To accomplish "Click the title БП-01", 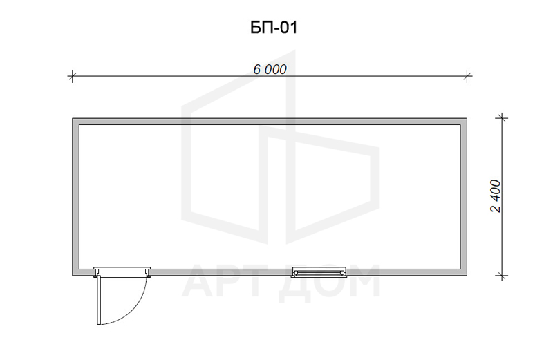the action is coord(274,28).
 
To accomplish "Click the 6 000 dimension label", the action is coord(270,70).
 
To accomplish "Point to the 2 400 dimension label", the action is coord(496,196).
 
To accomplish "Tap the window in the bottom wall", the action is coord(319,272).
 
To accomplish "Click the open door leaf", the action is coord(99,300).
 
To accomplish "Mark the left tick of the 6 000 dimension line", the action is coord(72,76).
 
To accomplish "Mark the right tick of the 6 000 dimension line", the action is coord(467,76).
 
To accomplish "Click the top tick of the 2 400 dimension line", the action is coord(502,118).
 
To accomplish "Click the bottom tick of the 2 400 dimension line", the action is coord(502,276).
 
